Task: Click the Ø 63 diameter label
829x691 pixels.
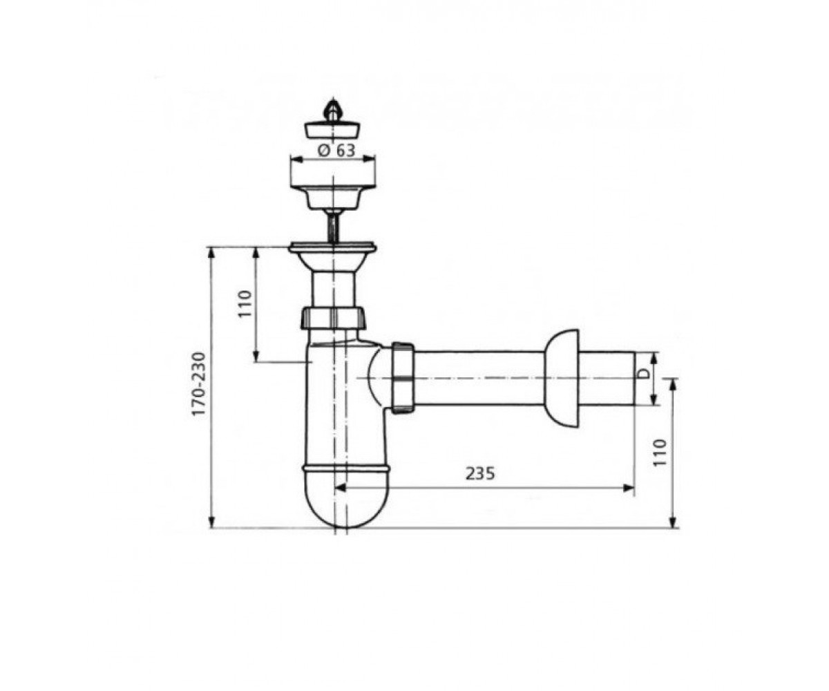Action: click(x=336, y=151)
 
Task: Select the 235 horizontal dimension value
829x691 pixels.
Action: click(x=481, y=473)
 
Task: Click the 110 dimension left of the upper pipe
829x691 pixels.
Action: click(x=245, y=303)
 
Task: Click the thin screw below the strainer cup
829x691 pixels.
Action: click(x=333, y=227)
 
